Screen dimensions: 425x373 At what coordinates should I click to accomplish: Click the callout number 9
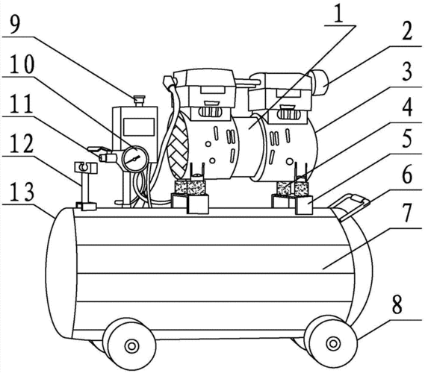coord(15,22)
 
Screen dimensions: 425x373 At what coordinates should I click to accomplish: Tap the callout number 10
coord(22,63)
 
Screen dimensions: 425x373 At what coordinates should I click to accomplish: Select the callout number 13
coord(22,193)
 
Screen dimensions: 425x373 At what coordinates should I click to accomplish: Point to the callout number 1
coord(338,13)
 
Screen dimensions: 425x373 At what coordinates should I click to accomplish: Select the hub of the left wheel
coord(132,346)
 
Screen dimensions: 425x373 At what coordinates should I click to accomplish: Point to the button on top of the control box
coord(140,101)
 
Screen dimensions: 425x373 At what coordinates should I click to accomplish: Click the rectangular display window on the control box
coord(138,127)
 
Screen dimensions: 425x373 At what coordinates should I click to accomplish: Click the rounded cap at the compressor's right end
coord(320,82)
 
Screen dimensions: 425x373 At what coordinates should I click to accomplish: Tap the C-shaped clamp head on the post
coord(86,168)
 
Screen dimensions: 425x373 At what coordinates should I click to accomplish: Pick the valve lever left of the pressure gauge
coord(99,152)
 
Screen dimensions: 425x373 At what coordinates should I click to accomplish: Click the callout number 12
coord(21,145)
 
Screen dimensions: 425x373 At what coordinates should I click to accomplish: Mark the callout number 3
coord(406,71)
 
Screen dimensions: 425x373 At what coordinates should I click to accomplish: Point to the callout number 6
coord(406,175)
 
